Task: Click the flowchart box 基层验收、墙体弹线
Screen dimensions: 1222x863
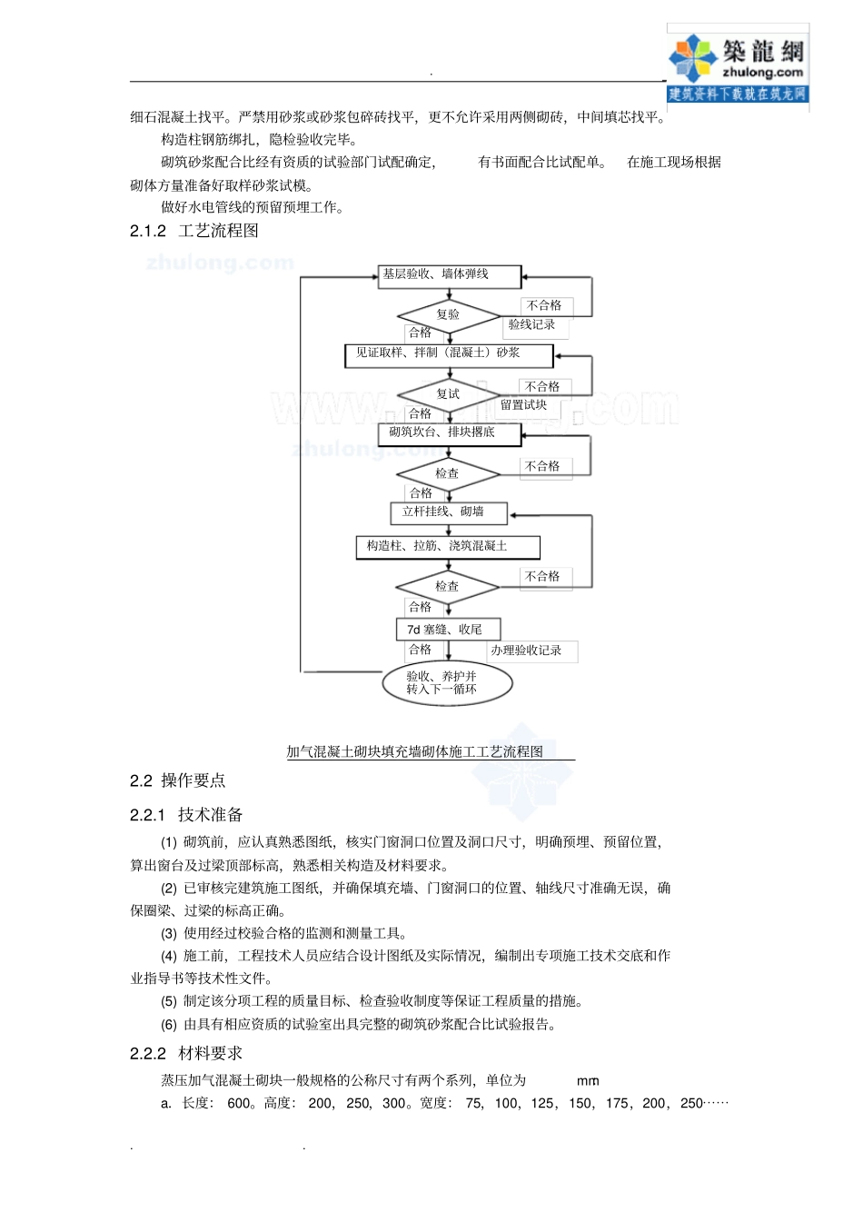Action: (449, 275)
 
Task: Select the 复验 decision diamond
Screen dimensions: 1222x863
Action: (448, 314)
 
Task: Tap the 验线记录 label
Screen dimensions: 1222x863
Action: (531, 324)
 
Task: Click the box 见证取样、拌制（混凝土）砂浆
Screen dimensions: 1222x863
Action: (448, 353)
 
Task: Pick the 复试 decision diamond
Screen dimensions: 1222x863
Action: (448, 393)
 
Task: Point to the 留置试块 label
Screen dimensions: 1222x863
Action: (523, 405)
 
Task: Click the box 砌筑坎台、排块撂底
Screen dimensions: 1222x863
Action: (449, 433)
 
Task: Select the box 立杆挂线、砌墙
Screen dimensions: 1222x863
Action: (448, 512)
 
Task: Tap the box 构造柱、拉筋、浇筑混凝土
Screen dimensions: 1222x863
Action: (448, 546)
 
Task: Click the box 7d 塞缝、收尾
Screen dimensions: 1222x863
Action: (448, 629)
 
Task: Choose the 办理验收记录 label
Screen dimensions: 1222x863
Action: (526, 651)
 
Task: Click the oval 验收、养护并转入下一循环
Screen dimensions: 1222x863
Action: (447, 683)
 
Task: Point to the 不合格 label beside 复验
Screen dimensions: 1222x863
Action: (543, 305)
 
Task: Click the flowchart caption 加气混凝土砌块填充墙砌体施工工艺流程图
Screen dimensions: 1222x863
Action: (415, 751)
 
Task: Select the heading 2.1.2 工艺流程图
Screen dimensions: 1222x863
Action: (194, 231)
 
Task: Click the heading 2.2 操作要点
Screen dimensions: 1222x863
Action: (177, 780)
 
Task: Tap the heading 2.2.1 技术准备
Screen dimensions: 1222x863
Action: (186, 815)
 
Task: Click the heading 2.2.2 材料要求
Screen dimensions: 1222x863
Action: (186, 1053)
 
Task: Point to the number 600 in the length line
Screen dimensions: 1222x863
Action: (239, 1103)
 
